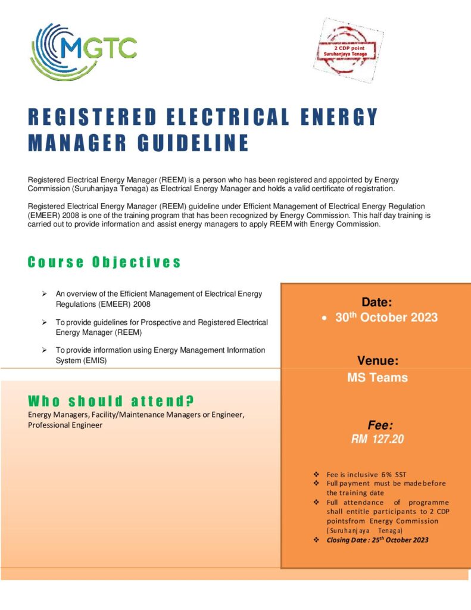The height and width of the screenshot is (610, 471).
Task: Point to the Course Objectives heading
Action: tap(104, 262)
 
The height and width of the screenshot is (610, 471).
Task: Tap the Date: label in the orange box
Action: tap(376, 303)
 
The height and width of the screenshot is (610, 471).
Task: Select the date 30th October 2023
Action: tap(386, 318)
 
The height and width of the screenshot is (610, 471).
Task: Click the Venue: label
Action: tap(378, 360)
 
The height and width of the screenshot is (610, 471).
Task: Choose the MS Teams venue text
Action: tap(378, 377)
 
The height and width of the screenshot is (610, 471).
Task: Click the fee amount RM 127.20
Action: tap(378, 440)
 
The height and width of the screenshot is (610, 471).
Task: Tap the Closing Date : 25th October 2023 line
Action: tap(377, 540)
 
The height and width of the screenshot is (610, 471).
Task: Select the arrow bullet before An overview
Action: tap(45, 294)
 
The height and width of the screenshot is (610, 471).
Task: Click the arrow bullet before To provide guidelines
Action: tap(45, 322)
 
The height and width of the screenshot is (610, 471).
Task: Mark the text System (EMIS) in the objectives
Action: tap(81, 360)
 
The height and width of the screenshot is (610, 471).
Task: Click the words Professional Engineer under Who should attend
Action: tap(65, 425)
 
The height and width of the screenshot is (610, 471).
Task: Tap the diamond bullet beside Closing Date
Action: tap(316, 540)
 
